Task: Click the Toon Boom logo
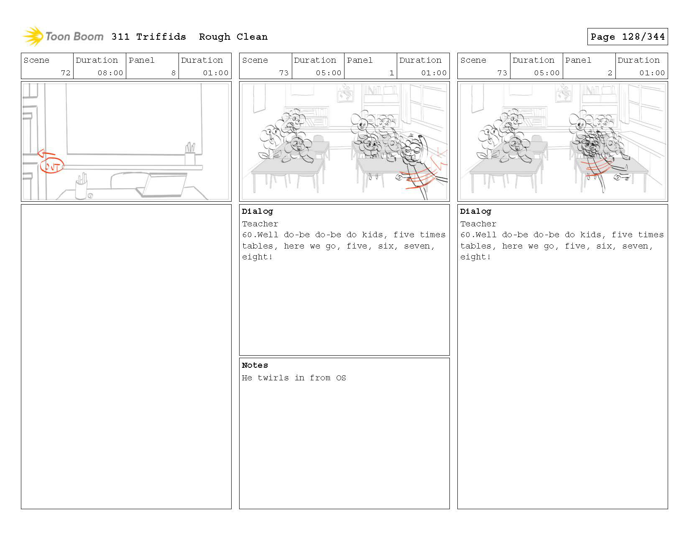(x=63, y=36)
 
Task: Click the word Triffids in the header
(x=161, y=37)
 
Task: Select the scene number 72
(x=66, y=73)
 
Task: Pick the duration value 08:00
(x=110, y=73)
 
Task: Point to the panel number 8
(x=174, y=73)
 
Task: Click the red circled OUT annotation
(x=52, y=166)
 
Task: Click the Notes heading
(x=255, y=365)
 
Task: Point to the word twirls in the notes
(x=273, y=377)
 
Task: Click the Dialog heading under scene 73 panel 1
(x=257, y=211)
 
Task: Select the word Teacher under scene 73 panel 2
(x=478, y=224)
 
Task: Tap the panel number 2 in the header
(x=610, y=73)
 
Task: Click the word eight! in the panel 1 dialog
(x=257, y=257)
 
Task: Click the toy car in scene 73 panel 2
(x=621, y=177)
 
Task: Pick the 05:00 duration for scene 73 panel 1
(x=329, y=73)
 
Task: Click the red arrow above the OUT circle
(x=46, y=154)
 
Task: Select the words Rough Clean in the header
(x=233, y=37)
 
